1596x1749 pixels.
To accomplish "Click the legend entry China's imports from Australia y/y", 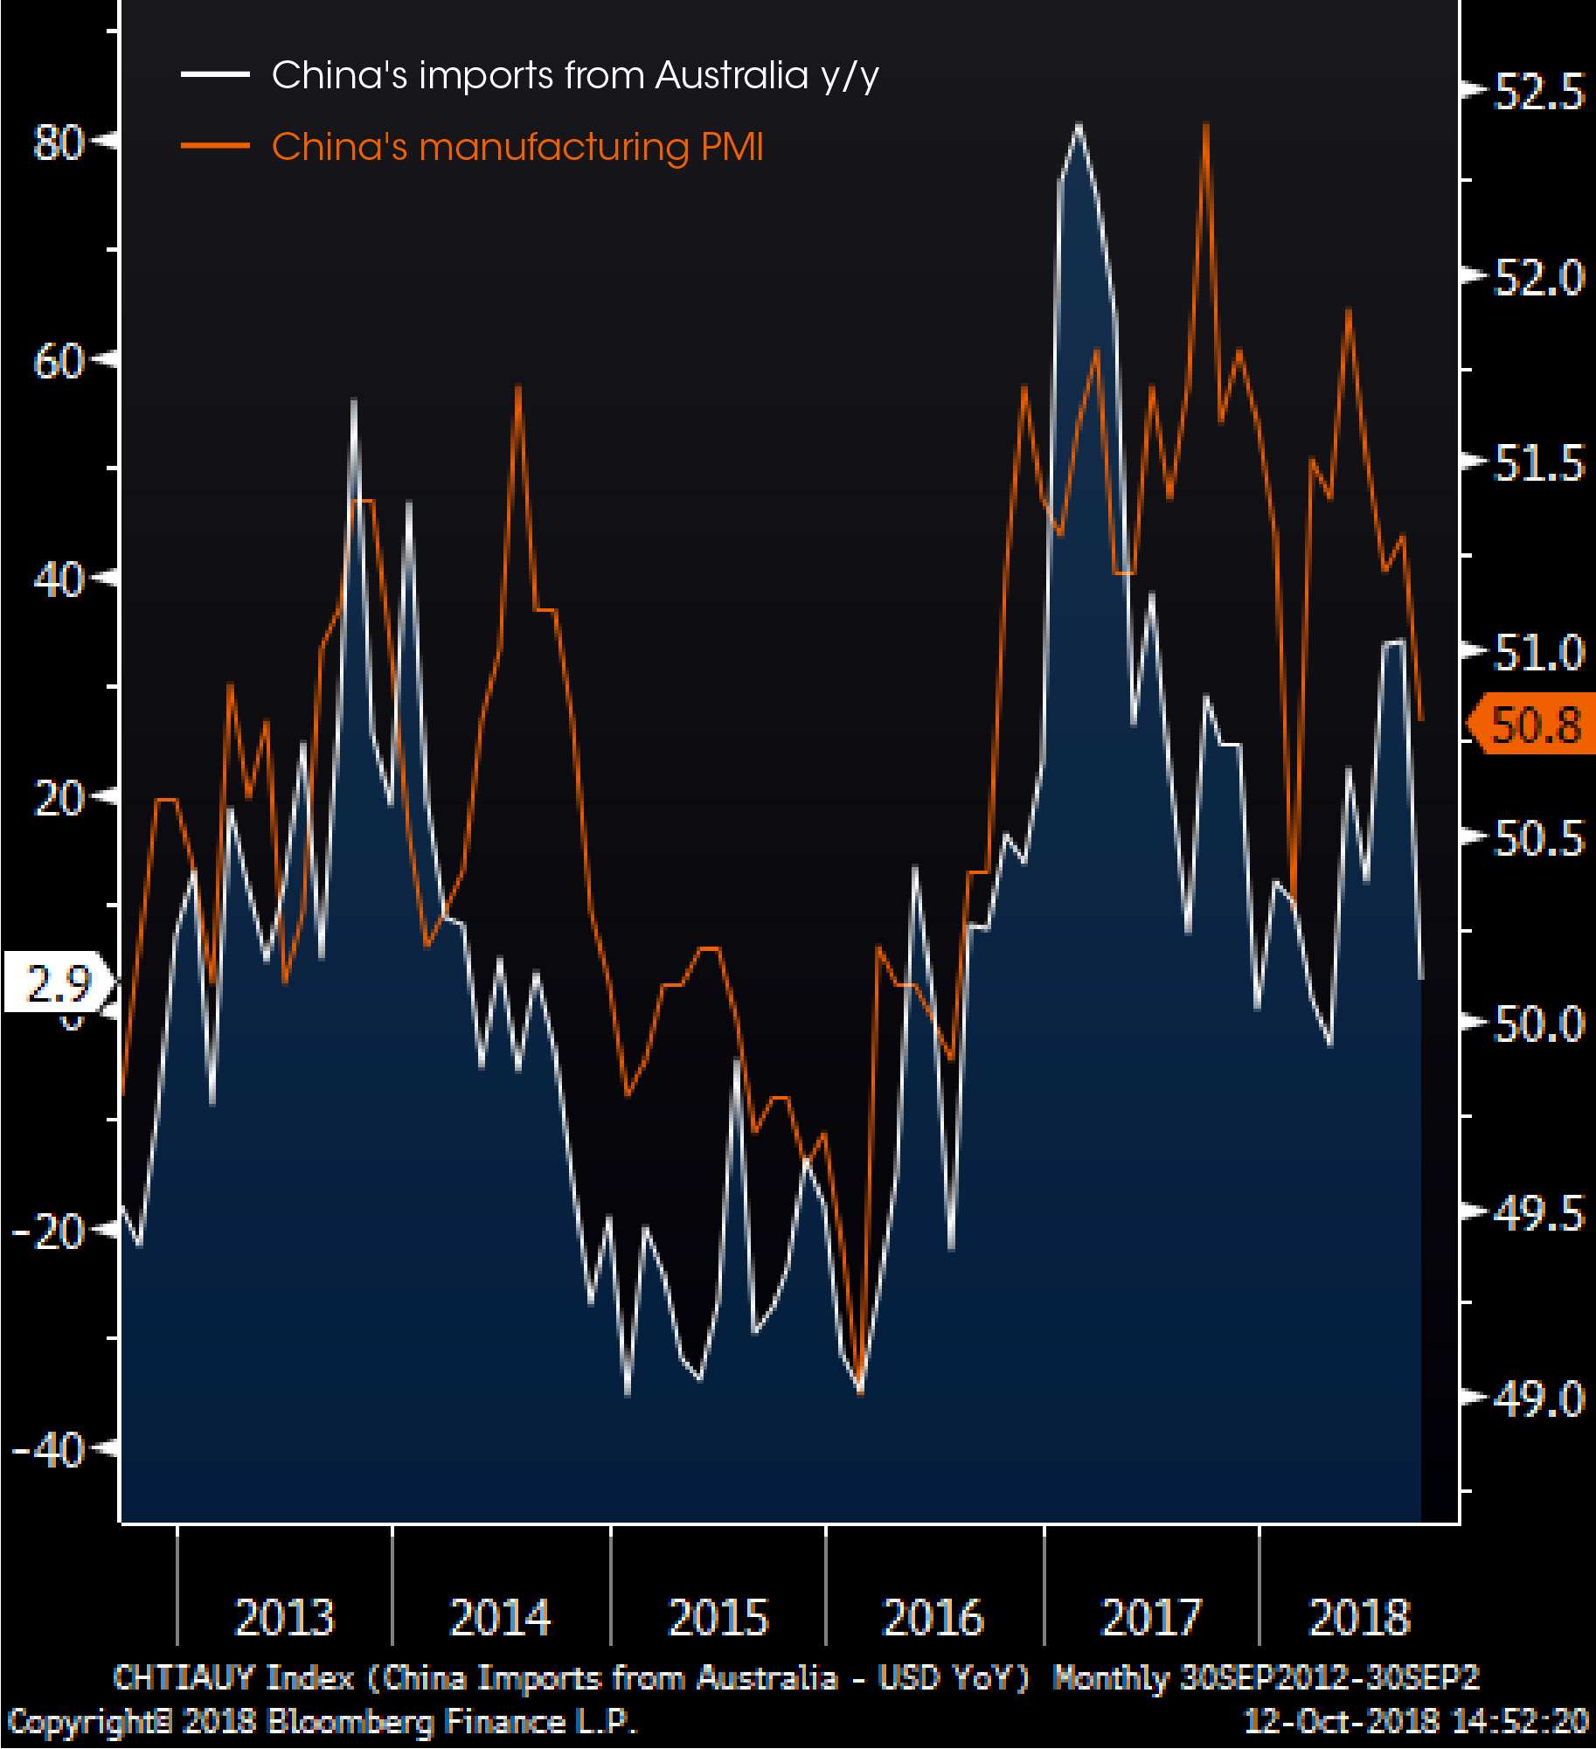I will tap(574, 75).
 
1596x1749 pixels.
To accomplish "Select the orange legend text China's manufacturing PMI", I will tap(517, 147).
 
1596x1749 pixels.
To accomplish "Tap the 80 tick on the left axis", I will tap(58, 142).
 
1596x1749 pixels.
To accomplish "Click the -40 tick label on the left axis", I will tap(49, 1450).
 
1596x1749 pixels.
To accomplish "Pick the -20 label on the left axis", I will tap(49, 1232).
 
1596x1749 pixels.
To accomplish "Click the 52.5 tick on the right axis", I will tap(1538, 92).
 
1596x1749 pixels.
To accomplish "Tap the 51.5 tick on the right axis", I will tap(1538, 463).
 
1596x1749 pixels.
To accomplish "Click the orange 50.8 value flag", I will tap(1535, 725).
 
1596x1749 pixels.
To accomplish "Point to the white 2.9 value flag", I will tap(58, 984).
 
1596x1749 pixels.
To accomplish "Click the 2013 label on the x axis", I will tap(285, 1617).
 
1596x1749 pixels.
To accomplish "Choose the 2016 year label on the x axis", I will tap(933, 1617).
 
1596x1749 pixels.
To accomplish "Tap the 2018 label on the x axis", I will tap(1359, 1617).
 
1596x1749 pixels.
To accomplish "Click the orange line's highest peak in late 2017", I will tap(1206, 125).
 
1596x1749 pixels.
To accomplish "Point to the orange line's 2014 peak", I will tap(518, 387).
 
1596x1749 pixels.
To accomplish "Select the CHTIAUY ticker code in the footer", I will tap(184, 1677).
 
